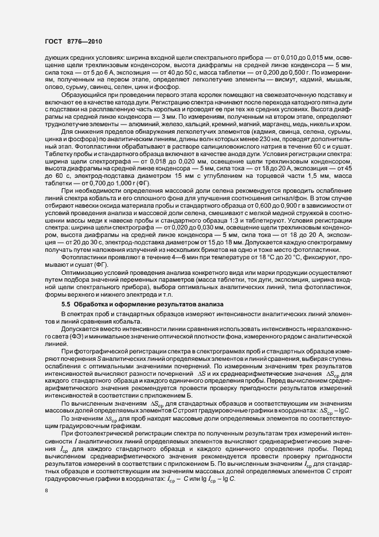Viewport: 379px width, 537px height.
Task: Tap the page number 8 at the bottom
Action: point(47,491)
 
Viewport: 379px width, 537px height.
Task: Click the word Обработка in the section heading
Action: point(92,303)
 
